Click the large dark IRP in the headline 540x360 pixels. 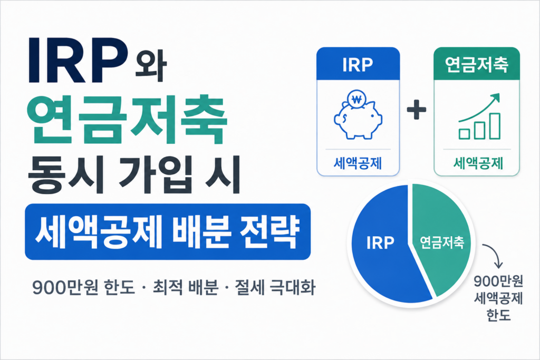tap(78, 60)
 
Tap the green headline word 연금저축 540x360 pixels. tap(127, 120)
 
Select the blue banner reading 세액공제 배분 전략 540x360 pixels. tap(168, 231)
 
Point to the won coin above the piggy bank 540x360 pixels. tap(357, 100)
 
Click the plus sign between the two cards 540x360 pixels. tap(417, 110)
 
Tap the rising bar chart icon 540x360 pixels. tap(479, 116)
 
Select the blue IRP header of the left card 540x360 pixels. tap(358, 64)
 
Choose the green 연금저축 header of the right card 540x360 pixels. tap(477, 64)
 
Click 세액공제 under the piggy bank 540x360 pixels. tap(358, 163)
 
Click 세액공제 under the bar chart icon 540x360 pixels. tap(478, 163)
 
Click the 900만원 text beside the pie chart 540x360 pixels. tap(498, 281)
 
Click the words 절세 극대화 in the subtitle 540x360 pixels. tap(275, 287)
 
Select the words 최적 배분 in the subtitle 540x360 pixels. tap(186, 287)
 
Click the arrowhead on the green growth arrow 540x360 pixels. tap(495, 98)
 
